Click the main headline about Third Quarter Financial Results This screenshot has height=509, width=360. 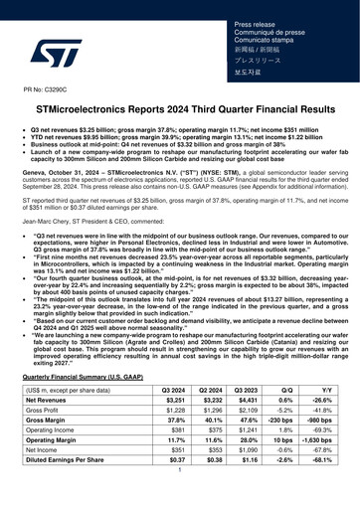[x=180, y=111]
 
